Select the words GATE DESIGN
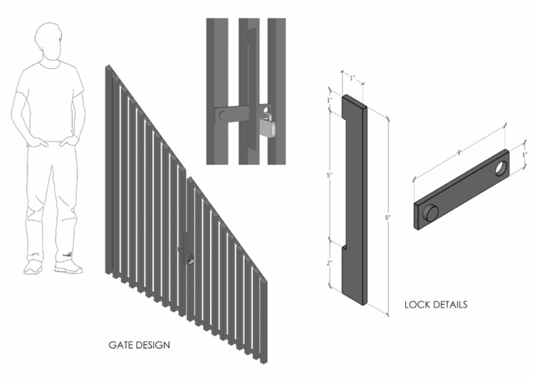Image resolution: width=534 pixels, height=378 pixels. click(140, 345)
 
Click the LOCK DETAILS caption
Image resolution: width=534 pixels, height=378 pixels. click(435, 304)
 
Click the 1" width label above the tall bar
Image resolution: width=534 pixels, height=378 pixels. click(352, 76)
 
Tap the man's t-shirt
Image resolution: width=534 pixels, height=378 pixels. click(49, 97)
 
